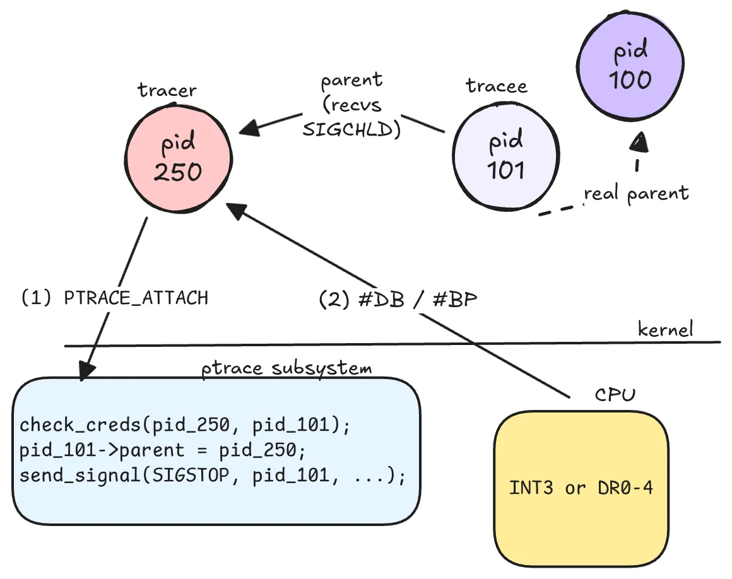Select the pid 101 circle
click(507, 155)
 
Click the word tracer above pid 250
click(167, 90)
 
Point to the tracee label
click(497, 86)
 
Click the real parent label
click(636, 193)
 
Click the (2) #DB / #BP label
click(398, 300)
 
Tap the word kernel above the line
click(665, 329)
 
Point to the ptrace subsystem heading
click(287, 368)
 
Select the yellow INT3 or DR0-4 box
click(581, 488)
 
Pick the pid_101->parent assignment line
click(158, 450)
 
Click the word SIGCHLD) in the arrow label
click(351, 130)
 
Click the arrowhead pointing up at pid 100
click(639, 142)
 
